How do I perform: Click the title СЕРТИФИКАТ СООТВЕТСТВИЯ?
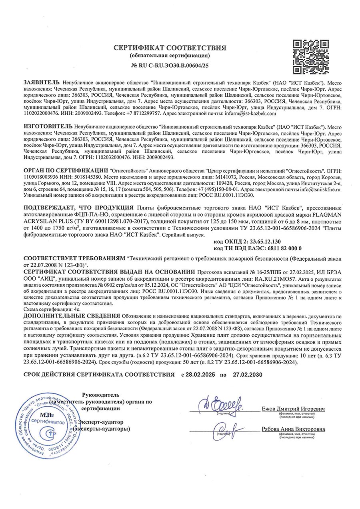pyautogui.click(x=170, y=48)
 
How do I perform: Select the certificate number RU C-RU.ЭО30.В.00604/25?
pyautogui.click(x=174, y=64)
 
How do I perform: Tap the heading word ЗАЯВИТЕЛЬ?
pyautogui.click(x=42, y=82)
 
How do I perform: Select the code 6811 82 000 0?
pyautogui.click(x=278, y=248)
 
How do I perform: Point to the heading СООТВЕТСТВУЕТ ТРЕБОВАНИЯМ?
pyautogui.click(x=74, y=258)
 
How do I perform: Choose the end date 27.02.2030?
pyautogui.click(x=246, y=375)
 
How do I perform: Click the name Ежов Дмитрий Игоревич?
pyautogui.click(x=293, y=410)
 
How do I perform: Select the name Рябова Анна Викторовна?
pyautogui.click(x=293, y=429)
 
